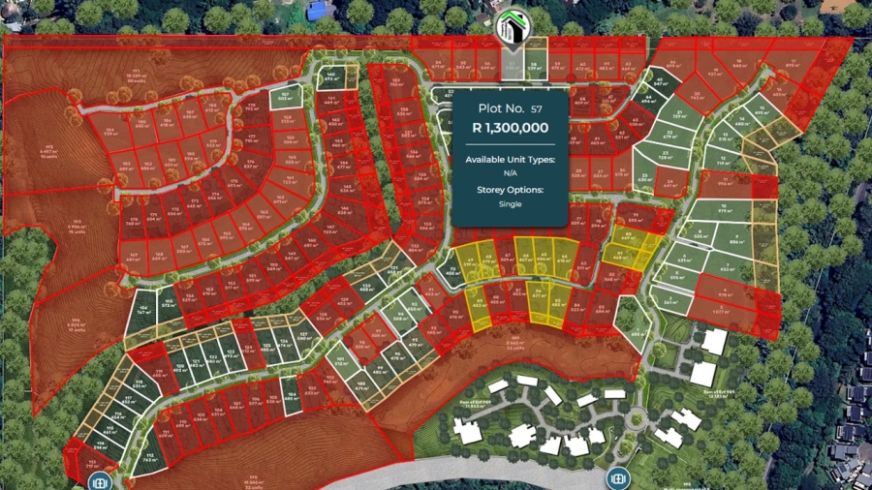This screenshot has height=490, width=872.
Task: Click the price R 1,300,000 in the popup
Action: [510, 127]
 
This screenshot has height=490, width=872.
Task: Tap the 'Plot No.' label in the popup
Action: [497, 108]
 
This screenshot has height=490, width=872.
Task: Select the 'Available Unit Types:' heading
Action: [510, 159]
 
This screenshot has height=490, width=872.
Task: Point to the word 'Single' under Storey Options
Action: [510, 204]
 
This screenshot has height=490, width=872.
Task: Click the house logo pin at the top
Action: [510, 29]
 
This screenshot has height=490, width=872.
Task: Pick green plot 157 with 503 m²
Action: [286, 96]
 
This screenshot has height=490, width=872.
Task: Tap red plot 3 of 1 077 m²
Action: [720, 309]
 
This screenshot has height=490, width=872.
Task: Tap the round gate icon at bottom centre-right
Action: [617, 478]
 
